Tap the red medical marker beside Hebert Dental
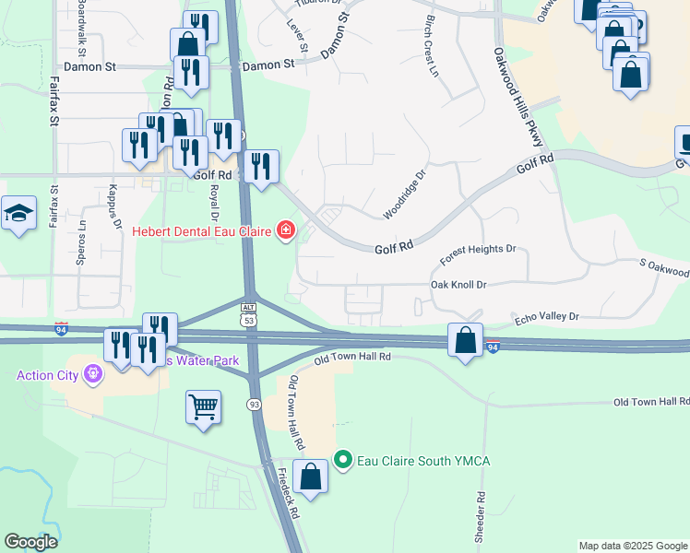285,229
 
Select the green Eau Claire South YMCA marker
343,458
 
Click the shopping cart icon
203,406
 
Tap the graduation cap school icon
18,215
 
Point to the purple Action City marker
91,374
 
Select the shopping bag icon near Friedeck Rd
311,477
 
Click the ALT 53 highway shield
247,312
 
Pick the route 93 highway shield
254,405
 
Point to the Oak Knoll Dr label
458,285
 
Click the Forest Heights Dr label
478,250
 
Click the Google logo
30,542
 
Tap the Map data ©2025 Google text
633,546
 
